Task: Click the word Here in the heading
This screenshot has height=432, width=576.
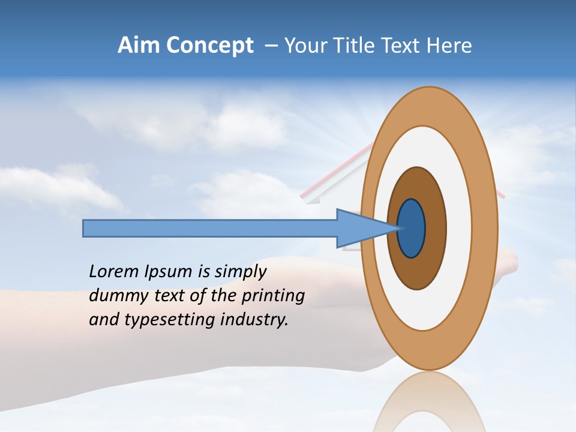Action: [449, 46]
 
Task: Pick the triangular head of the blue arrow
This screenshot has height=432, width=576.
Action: [360, 229]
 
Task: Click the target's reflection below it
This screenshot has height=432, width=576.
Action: [429, 402]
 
